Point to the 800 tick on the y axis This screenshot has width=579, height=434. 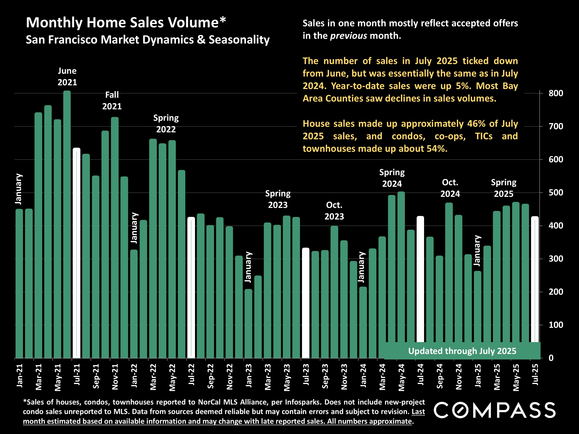pos(555,93)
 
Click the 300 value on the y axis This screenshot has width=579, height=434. pos(555,259)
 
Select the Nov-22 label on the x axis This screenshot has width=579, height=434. pos(230,376)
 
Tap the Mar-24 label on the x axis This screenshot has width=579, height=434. pos(382,376)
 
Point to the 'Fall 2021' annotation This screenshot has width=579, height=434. pos(112,100)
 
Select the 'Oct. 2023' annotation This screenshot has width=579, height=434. pos(334,211)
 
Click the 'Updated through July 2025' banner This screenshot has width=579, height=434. pos(462,351)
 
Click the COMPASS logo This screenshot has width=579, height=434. pos(494,410)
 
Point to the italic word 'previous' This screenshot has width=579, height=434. pos(348,36)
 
